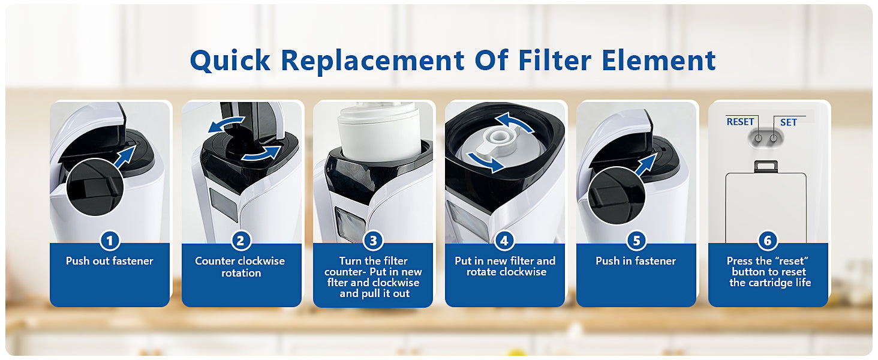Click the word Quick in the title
(x=230, y=61)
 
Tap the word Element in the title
(x=659, y=61)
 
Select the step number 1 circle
(x=110, y=241)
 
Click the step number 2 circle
(x=240, y=241)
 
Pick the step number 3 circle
(x=373, y=241)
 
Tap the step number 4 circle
(x=504, y=241)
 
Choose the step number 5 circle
(x=636, y=241)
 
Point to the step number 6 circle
(x=768, y=241)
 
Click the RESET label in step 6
(x=740, y=122)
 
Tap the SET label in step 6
(x=788, y=122)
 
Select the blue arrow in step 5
(x=645, y=165)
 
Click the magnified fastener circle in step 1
(x=95, y=187)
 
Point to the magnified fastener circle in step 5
(x=617, y=195)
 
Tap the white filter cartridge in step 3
(x=378, y=131)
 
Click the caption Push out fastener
(x=109, y=261)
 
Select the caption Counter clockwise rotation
(x=240, y=266)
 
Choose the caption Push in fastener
(x=636, y=261)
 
